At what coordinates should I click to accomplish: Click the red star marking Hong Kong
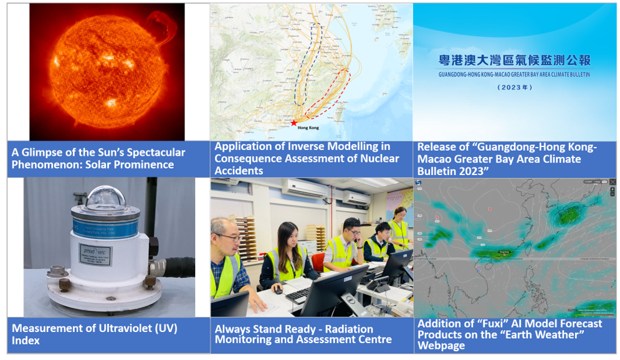[x=293, y=123]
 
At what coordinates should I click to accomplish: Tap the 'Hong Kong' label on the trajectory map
[x=308, y=128]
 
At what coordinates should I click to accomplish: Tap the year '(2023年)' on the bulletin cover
[x=514, y=88]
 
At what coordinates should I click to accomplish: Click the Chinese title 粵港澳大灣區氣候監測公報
[x=514, y=60]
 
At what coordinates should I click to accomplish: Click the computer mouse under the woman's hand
[x=279, y=290]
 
